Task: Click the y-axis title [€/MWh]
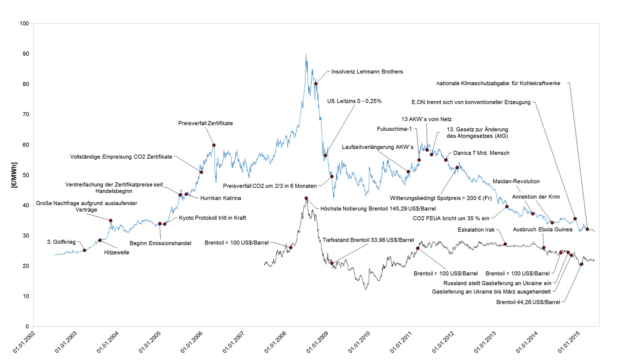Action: point(15,175)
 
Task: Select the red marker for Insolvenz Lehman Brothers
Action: point(316,84)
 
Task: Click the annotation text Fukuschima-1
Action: point(394,129)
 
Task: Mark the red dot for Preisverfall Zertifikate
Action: point(214,145)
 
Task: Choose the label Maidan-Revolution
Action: point(516,181)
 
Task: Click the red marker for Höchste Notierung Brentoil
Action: point(306,198)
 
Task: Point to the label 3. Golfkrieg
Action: point(61,242)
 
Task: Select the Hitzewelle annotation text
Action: point(116,252)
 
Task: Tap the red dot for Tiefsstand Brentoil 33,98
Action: point(332,263)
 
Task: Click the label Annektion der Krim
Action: point(536,197)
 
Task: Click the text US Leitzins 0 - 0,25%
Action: point(354,101)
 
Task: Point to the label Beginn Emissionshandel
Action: point(160,244)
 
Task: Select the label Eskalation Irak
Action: point(476,230)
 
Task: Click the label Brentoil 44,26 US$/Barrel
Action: point(528,302)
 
